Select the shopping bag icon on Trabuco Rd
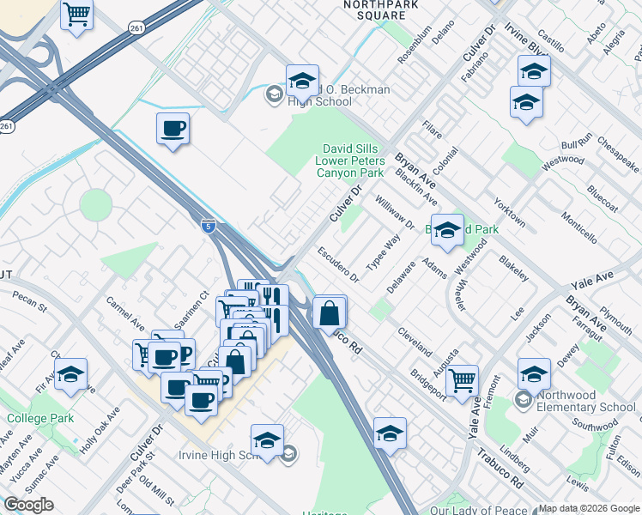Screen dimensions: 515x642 [x=330, y=312]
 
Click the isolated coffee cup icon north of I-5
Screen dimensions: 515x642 [x=172, y=129]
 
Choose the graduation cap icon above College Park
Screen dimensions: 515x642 [x=70, y=374]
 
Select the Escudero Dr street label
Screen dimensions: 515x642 [x=337, y=264]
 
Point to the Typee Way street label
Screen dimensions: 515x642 [x=384, y=252]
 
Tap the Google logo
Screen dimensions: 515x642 [x=28, y=504]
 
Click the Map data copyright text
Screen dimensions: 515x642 [x=589, y=508]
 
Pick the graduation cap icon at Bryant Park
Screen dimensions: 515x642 [x=446, y=230]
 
